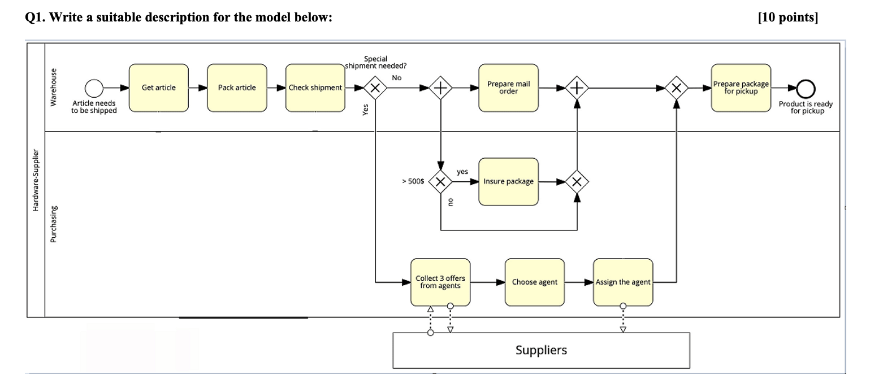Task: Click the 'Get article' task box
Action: (158, 88)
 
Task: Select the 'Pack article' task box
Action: (237, 88)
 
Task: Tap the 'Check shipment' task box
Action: (315, 88)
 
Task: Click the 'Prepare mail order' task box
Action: (508, 88)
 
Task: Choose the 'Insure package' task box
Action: (508, 181)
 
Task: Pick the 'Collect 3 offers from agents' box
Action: (440, 282)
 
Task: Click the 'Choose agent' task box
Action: (534, 282)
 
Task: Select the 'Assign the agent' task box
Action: (623, 282)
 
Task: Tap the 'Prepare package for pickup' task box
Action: (741, 88)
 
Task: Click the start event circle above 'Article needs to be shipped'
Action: (94, 88)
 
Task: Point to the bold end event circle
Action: (806, 88)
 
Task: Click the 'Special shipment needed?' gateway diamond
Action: (375, 88)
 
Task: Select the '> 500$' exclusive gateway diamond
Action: (440, 182)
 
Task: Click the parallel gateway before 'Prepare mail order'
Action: (440, 88)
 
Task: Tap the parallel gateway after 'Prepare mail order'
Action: (577, 88)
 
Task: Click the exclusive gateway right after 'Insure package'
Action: (577, 182)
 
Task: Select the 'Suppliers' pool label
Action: (541, 350)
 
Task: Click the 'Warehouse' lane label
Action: (54, 88)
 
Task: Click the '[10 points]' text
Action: (787, 18)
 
